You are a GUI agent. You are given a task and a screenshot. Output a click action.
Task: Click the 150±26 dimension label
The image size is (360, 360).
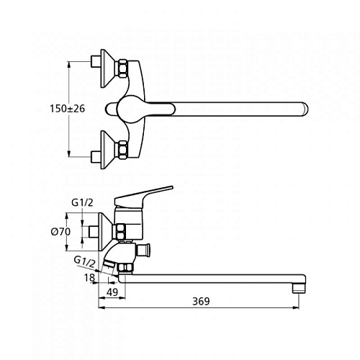pyautogui.click(x=68, y=109)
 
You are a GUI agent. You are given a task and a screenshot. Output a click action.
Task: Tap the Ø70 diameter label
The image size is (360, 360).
pyautogui.click(x=61, y=232)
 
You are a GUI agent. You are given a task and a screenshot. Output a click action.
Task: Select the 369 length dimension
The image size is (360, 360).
pyautogui.click(x=201, y=301)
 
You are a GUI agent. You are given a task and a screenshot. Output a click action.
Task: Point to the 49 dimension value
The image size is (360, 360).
pyautogui.click(x=112, y=292)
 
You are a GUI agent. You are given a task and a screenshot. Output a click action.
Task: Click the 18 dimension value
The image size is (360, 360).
pyautogui.click(x=89, y=278)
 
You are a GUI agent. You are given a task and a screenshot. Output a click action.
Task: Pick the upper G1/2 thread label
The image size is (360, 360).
pyautogui.click(x=82, y=203)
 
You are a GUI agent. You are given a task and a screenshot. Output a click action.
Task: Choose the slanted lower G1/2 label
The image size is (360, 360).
pyautogui.click(x=84, y=263)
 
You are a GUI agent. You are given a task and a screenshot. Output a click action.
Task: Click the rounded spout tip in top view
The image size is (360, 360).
pyautogui.click(x=305, y=109)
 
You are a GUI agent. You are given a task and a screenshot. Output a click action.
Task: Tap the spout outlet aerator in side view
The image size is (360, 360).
pyautogui.click(x=299, y=288)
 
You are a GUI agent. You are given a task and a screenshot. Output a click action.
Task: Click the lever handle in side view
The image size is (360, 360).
pyautogui.click(x=143, y=196)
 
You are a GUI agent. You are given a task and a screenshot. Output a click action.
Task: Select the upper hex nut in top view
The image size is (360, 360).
pyautogui.click(x=122, y=68)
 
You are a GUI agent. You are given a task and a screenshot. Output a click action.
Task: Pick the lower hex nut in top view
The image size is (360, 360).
pyautogui.click(x=122, y=150)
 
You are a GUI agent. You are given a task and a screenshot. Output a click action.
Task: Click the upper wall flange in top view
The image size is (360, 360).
pyautogui.click(x=107, y=68)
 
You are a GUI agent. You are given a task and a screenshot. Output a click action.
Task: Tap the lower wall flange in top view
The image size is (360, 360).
pyautogui.click(x=107, y=150)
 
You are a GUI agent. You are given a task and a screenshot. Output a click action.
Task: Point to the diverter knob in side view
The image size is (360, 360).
pyautogui.click(x=143, y=250)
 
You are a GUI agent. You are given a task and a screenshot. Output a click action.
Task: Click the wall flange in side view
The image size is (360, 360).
pyautogui.click(x=105, y=232)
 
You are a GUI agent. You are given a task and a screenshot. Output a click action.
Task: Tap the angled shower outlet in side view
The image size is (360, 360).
pyautogui.click(x=109, y=264)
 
